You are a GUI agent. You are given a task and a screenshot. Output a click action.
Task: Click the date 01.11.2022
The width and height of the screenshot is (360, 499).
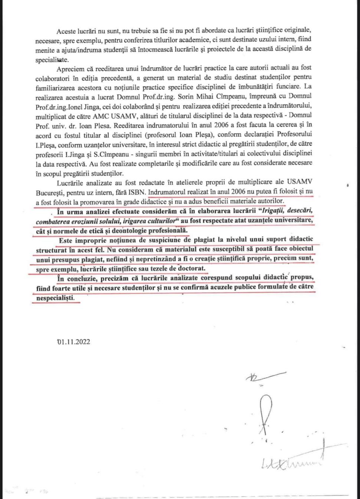click(73, 342)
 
